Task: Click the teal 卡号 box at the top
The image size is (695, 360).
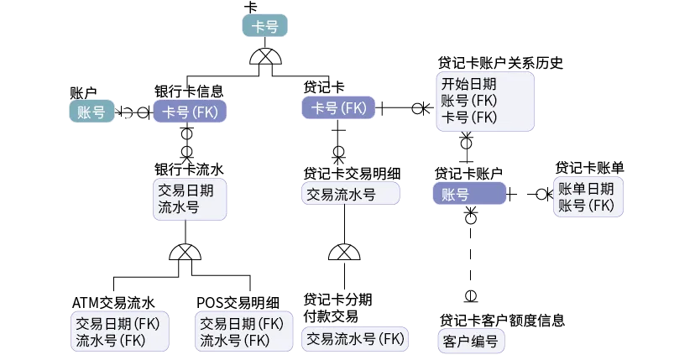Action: pos(265,27)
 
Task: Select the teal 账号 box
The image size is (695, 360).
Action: pos(91,112)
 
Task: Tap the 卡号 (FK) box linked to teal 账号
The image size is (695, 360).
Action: pos(190,112)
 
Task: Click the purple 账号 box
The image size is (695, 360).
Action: pos(469,195)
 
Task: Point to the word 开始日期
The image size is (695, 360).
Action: pos(468,85)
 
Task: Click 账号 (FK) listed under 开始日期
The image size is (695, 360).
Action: pos(468,101)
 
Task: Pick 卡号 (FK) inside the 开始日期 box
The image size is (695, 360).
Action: pos(468,117)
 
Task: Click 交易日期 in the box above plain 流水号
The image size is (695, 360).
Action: pos(186,190)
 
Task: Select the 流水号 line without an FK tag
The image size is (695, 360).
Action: pos(178,207)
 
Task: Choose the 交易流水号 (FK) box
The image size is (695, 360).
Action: pos(356,339)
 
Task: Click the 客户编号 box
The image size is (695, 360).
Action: pos(468,342)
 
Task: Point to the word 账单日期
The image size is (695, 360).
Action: pos(586,189)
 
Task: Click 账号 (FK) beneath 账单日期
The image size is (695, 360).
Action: pos(586,206)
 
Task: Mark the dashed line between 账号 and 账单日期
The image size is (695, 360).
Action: pos(530,194)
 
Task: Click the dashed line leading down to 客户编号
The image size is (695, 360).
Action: pos(472,260)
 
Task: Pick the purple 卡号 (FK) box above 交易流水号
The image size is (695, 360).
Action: pos(339,108)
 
